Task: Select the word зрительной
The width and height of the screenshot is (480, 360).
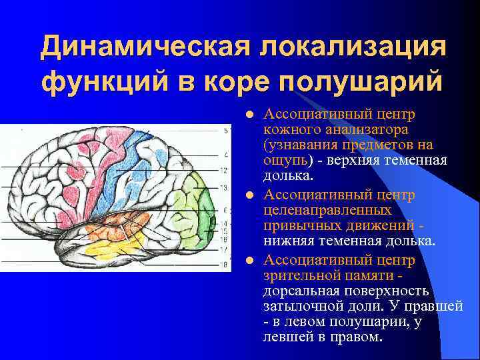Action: [299, 273]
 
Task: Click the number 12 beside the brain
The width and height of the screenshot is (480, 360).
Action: [223, 171]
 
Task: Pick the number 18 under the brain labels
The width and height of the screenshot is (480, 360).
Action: [223, 264]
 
